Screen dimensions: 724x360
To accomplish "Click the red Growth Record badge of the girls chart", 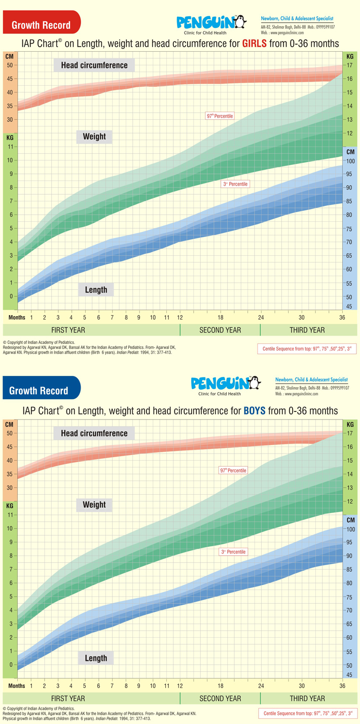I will (40, 24).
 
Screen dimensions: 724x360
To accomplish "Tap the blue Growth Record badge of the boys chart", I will (40, 390).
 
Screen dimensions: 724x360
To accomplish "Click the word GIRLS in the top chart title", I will (260, 44).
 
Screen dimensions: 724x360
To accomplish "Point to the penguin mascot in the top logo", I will (240, 22).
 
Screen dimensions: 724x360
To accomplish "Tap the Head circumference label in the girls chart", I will (94, 65).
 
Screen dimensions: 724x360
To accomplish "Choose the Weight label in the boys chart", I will (94, 504).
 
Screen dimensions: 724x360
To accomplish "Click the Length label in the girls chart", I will (96, 290).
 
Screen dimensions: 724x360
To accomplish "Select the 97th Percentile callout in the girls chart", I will (220, 116).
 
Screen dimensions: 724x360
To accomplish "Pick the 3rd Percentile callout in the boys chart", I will (233, 551).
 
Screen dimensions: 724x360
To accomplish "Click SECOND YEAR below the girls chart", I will (220, 330).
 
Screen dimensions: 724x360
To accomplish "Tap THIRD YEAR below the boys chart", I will (307, 699).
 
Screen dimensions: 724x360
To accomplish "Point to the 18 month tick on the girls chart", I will (220, 317).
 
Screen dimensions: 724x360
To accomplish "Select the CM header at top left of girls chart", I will (10, 56).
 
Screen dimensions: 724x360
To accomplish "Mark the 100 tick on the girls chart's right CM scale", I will (350, 161).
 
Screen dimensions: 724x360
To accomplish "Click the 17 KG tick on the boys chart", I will (350, 434).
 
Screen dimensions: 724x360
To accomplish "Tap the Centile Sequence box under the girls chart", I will (307, 349).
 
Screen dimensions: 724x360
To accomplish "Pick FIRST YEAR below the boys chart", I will (68, 699).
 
